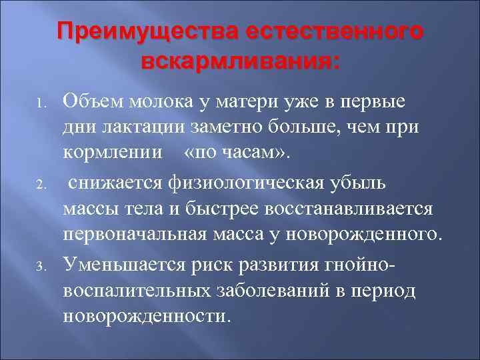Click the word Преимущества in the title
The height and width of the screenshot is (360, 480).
(147, 32)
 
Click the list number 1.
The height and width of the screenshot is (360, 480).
(40, 105)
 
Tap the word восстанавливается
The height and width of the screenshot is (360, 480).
(350, 207)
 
